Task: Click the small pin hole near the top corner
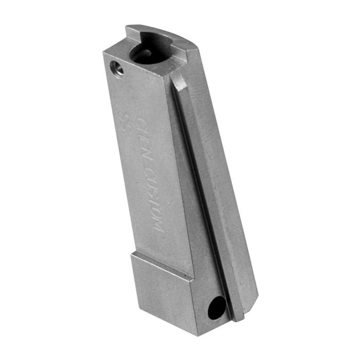pos(116,68)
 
